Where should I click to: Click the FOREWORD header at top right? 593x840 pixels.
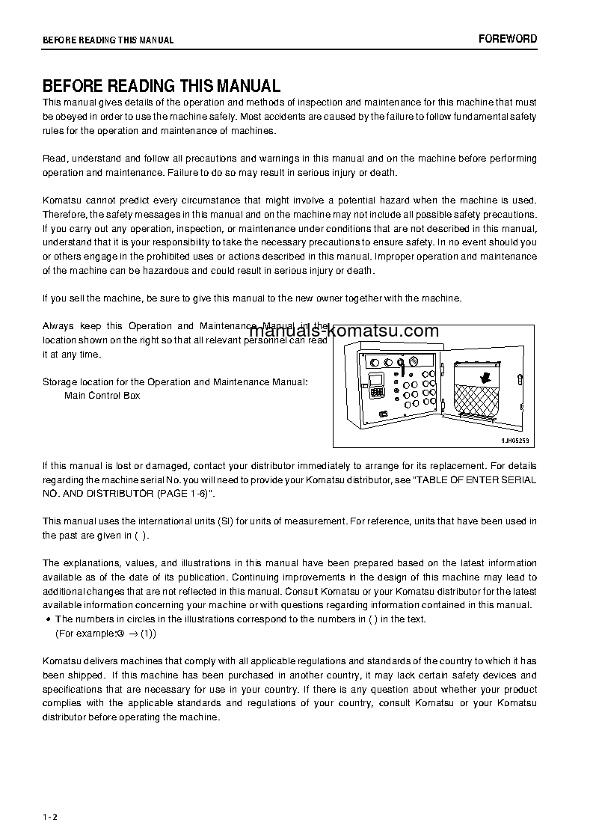[x=508, y=39]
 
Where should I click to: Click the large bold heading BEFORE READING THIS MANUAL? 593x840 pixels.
[x=161, y=86]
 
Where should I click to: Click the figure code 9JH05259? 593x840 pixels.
[x=515, y=441]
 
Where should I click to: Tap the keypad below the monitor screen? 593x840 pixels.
[x=377, y=393]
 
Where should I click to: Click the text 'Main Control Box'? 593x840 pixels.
[x=102, y=396]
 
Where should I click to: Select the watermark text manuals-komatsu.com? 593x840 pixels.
[x=344, y=331]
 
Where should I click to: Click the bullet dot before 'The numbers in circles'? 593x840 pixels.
[x=48, y=619]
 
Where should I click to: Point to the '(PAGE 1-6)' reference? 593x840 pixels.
[x=183, y=494]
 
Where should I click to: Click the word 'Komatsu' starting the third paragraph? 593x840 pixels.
[x=61, y=200]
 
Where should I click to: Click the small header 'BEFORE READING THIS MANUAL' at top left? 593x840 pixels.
[x=108, y=40]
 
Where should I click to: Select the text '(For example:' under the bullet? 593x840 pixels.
[x=85, y=633]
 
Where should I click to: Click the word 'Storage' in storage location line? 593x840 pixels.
[x=59, y=382]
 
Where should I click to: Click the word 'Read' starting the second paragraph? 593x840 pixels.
[x=53, y=159]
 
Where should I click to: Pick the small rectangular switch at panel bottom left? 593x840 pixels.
[x=383, y=413]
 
